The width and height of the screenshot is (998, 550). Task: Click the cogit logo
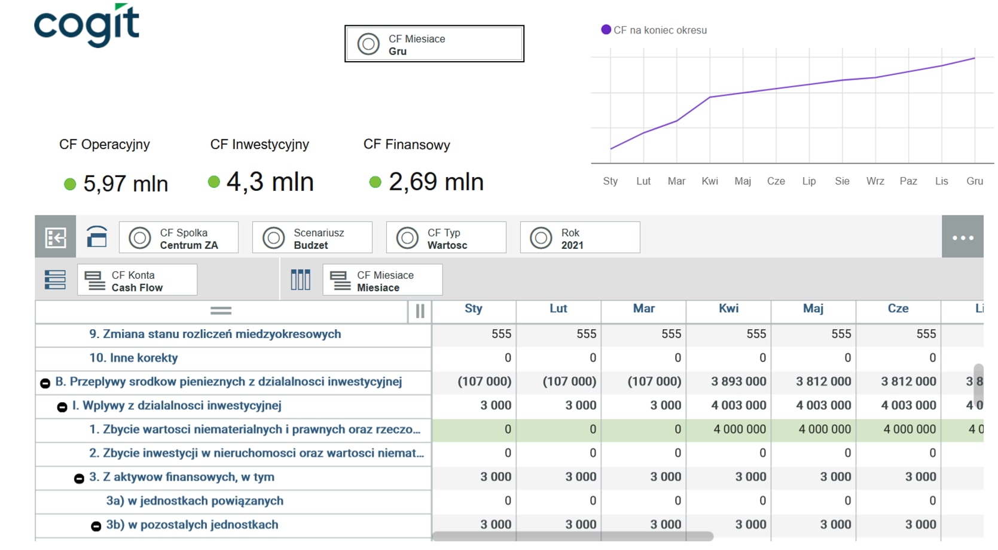pyautogui.click(x=87, y=25)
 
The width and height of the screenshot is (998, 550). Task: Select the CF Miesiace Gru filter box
pyautogui.click(x=434, y=44)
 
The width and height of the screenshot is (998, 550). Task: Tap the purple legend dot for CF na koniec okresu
pyautogui.click(x=606, y=30)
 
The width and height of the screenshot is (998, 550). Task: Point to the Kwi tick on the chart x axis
pyautogui.click(x=710, y=181)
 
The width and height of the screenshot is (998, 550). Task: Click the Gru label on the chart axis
pyautogui.click(x=975, y=181)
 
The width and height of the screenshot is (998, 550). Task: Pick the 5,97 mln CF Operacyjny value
pyautogui.click(x=126, y=184)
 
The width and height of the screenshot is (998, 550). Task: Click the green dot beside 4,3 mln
pyautogui.click(x=214, y=181)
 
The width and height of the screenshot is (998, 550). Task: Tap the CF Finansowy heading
pyautogui.click(x=407, y=144)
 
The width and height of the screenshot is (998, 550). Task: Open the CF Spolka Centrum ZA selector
pyautogui.click(x=179, y=238)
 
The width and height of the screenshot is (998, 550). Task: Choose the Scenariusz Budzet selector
pyautogui.click(x=312, y=238)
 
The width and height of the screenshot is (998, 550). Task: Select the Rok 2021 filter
pyautogui.click(x=580, y=238)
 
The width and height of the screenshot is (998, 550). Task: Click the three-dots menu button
pyautogui.click(x=962, y=238)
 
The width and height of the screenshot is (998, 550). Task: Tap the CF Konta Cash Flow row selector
pyautogui.click(x=137, y=280)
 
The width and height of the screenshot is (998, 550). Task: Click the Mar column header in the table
pyautogui.click(x=644, y=309)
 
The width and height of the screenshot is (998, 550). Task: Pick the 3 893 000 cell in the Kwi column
pyautogui.click(x=738, y=382)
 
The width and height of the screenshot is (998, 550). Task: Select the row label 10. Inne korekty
pyautogui.click(x=133, y=358)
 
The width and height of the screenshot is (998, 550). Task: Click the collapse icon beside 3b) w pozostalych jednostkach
pyautogui.click(x=96, y=526)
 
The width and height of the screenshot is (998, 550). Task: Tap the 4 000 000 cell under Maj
pyautogui.click(x=824, y=430)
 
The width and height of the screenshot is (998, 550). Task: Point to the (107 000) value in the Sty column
pyautogui.click(x=484, y=382)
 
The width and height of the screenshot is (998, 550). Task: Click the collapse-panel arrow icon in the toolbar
pyautogui.click(x=55, y=238)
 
